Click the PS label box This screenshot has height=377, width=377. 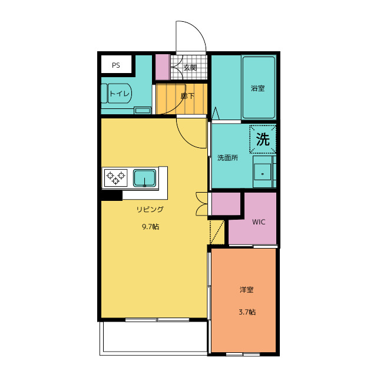[x=116, y=65]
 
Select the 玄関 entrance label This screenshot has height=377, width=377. [x=190, y=68]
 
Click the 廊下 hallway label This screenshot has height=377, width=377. [x=187, y=96]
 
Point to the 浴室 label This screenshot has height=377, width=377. [x=258, y=88]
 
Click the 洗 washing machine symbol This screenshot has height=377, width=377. [x=263, y=140]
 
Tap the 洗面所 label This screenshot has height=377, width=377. [x=228, y=158]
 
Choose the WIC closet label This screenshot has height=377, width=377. [x=259, y=222]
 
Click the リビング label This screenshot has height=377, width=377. [x=150, y=209]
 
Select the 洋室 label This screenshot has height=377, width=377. [x=247, y=290]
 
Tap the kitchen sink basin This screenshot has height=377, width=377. [x=144, y=177]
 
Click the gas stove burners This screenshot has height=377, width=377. [x=116, y=177]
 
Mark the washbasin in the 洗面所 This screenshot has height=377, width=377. [x=263, y=172]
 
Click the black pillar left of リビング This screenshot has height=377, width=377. [x=111, y=196]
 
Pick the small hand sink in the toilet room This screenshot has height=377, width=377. [x=143, y=110]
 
